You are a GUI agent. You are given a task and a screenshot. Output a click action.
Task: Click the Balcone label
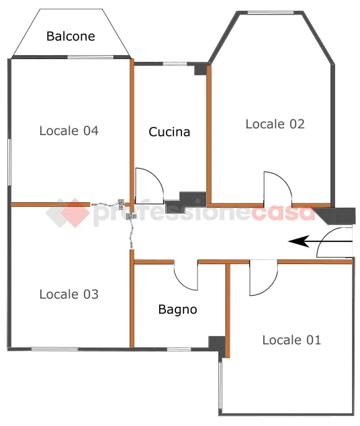pos(71,36)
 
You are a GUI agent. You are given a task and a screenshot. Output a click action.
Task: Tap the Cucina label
pos(169,132)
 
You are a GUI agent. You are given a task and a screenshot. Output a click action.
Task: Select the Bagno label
pos(177,310)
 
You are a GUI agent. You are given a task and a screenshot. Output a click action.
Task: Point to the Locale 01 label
pos(291,340)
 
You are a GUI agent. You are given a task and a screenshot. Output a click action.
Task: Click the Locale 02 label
pos(275,124)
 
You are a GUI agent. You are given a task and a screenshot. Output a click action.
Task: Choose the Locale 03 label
pos(69,294)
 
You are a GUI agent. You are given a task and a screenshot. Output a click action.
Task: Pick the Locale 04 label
pos(69,130)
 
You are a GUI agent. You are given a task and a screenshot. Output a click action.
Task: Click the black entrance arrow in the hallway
pos(320,241)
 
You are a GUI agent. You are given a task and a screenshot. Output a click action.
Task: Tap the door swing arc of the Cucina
pos(154,177)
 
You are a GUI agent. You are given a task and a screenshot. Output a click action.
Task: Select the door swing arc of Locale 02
pos(283,181)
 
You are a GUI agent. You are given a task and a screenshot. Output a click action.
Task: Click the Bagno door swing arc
pos(181,284)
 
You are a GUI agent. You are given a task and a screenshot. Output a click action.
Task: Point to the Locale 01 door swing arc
pos(270,288)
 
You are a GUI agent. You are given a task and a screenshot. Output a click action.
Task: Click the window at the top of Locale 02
pos(271,13)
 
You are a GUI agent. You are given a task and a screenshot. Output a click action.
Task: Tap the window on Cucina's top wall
pos(175,64)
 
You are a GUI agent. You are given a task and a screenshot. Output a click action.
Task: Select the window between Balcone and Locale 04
pos(91,57)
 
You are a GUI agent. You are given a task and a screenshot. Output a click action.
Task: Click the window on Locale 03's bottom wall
pos(54,349)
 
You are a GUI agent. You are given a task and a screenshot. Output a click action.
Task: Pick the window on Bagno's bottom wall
pos(179,349)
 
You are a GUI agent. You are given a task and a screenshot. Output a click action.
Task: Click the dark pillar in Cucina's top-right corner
pos(200,69)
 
